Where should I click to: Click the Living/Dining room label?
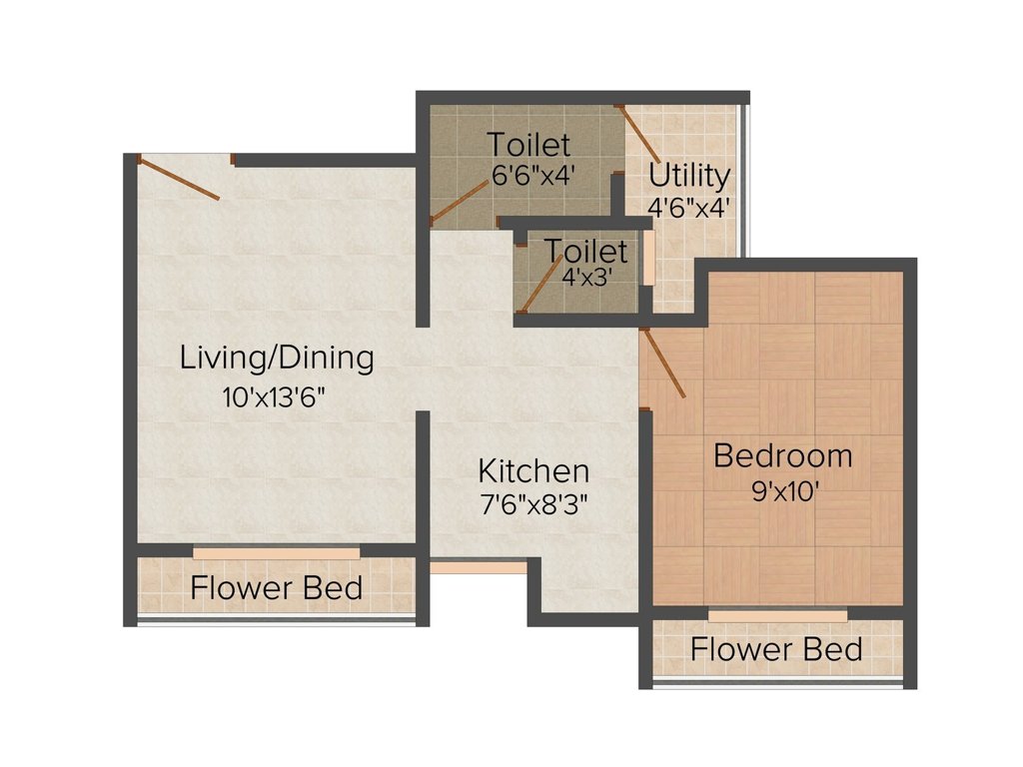click(x=277, y=359)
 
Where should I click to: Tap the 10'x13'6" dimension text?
click(x=274, y=396)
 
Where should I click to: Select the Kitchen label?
click(x=533, y=470)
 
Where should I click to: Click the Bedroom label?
click(x=783, y=455)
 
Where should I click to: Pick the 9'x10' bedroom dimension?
click(x=785, y=490)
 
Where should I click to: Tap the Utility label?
click(x=689, y=176)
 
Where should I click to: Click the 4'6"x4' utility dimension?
click(x=688, y=208)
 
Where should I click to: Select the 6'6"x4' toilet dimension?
click(x=533, y=175)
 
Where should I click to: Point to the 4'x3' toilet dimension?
click(x=586, y=278)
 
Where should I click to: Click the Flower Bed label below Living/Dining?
click(x=277, y=587)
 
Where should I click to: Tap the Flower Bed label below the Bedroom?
click(x=776, y=649)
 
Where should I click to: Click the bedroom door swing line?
click(x=663, y=363)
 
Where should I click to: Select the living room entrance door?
click(x=178, y=178)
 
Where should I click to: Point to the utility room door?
click(x=638, y=134)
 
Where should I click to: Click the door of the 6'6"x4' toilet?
click(x=460, y=203)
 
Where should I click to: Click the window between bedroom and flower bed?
click(x=777, y=616)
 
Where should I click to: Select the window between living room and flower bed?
click(x=277, y=553)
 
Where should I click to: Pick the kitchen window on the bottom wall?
click(x=479, y=568)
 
